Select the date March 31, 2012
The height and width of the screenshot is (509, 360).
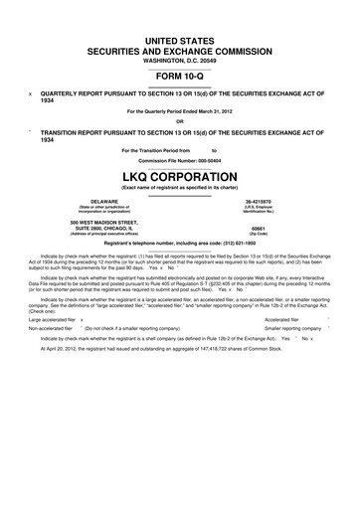click(212, 110)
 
